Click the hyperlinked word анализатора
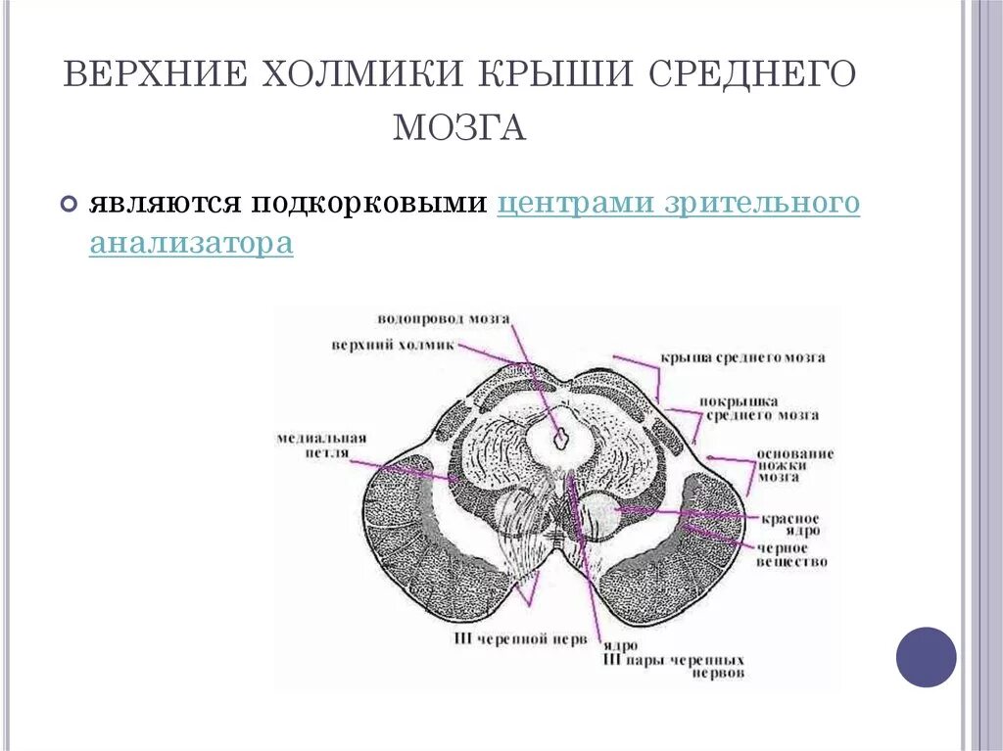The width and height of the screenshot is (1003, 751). click(191, 243)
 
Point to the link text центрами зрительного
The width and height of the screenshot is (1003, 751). click(679, 203)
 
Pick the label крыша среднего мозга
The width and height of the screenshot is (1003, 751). click(741, 357)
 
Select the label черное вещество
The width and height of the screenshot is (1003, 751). click(792, 555)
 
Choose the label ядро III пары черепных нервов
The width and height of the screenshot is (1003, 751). click(673, 660)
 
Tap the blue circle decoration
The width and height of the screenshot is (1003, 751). click(926, 657)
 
